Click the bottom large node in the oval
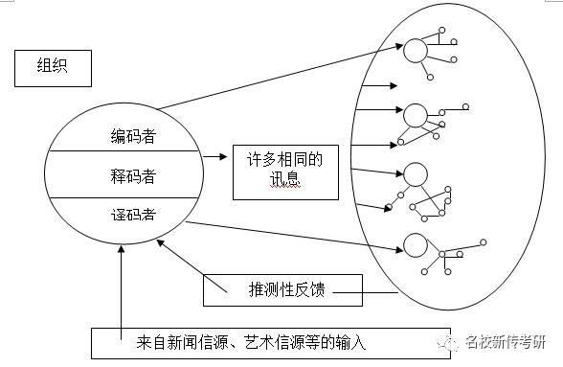pos(415,243)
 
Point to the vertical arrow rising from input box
pos(123,287)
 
